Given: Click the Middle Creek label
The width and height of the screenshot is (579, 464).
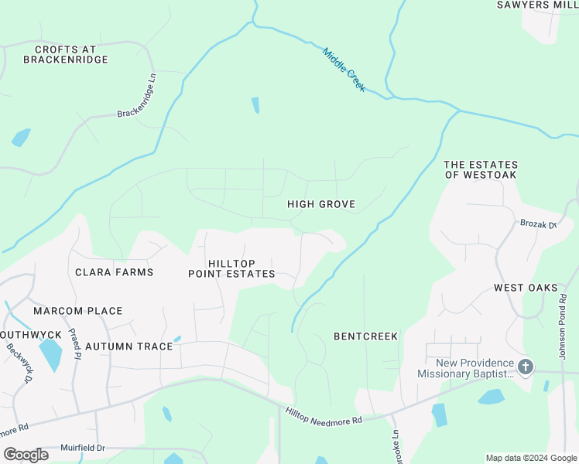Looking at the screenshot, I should (x=344, y=70).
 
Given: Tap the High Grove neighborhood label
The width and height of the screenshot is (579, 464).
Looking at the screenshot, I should (x=320, y=204).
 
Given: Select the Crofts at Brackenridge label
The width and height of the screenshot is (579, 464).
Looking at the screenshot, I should (x=66, y=54).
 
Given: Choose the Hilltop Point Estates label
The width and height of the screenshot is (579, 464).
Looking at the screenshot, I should (x=231, y=268).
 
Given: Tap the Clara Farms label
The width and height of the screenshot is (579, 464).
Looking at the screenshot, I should (x=114, y=272).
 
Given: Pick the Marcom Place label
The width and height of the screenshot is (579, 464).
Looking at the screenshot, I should (x=77, y=311).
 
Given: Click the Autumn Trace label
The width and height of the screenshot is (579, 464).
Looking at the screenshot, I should (x=128, y=346).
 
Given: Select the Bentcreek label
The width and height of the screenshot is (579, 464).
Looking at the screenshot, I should (x=365, y=336).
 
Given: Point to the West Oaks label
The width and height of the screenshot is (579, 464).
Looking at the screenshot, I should (x=526, y=288).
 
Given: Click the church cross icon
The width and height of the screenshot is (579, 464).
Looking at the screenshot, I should (x=526, y=367).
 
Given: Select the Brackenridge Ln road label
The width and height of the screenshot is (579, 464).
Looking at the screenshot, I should (x=138, y=97).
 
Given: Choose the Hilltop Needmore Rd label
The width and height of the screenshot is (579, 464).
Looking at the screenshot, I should (x=324, y=416).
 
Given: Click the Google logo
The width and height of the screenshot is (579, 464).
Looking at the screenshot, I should (x=26, y=454).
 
